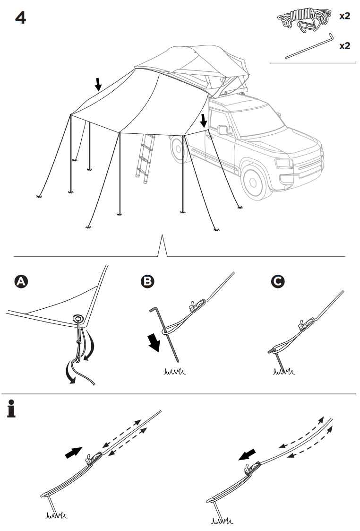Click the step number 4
pos(20,17)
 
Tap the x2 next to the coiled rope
pos(345,16)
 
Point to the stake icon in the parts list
pos(309,46)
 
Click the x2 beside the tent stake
pos(345,46)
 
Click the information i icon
pos(12,409)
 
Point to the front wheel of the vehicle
pos(254,180)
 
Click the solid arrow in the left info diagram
pos(73,453)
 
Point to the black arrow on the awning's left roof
pos(98,84)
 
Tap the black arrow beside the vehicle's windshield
pos(204,120)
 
